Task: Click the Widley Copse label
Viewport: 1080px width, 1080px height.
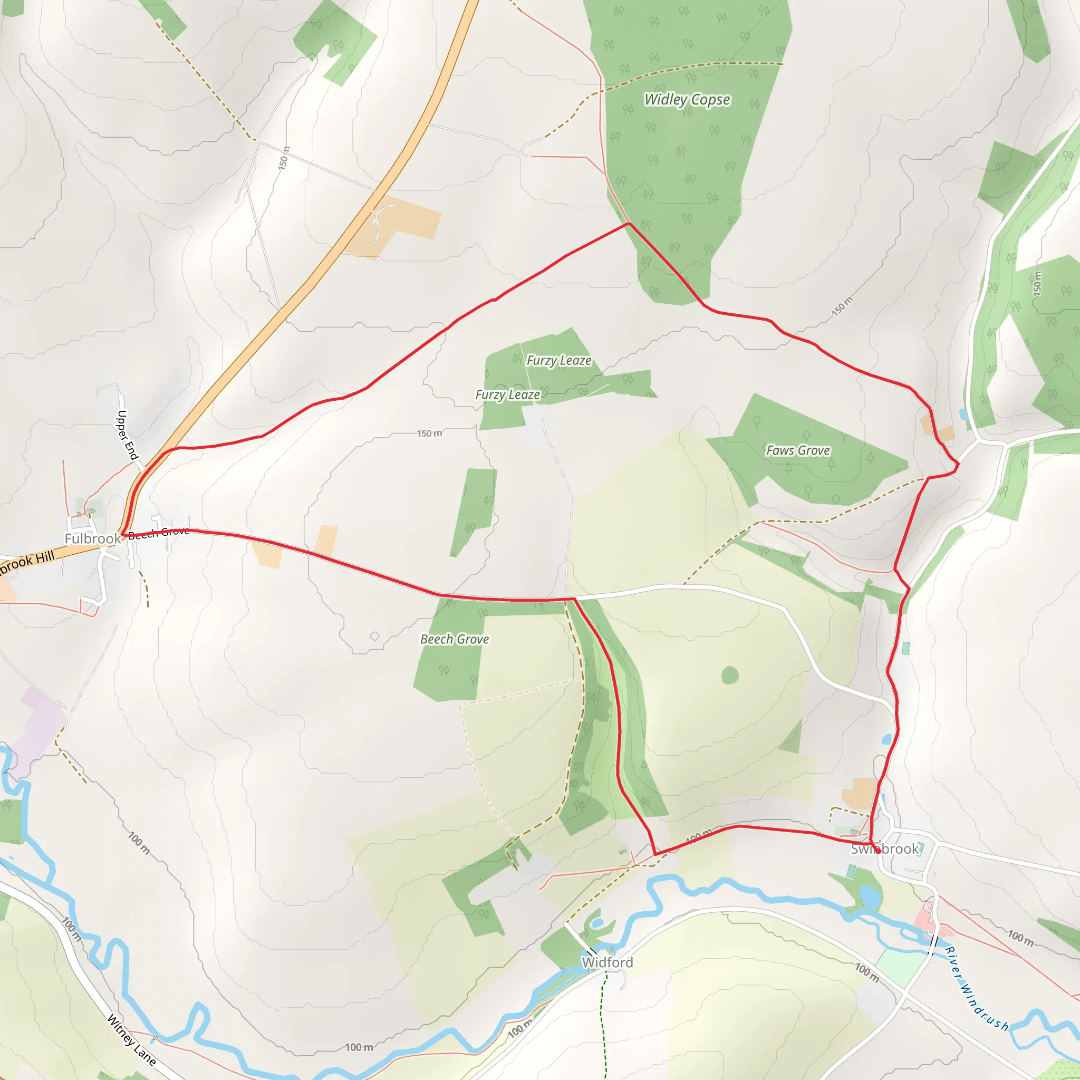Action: [x=687, y=100]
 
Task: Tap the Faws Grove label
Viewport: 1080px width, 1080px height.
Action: [x=798, y=450]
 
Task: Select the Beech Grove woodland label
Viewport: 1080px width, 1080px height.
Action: [x=455, y=639]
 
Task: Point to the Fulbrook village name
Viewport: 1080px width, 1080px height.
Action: [x=92, y=539]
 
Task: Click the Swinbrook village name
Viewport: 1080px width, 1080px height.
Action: [x=884, y=849]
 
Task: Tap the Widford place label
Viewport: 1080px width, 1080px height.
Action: [x=607, y=962]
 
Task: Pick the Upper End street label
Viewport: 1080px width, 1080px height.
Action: [x=127, y=435]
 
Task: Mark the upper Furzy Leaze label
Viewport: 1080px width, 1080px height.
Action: [x=559, y=361]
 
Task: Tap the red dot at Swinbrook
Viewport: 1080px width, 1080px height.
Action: [x=878, y=851]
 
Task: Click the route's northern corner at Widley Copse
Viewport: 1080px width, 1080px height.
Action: [x=630, y=224]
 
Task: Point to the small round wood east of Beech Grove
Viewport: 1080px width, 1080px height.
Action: [x=730, y=676]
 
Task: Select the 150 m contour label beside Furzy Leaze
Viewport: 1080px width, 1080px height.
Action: [x=429, y=433]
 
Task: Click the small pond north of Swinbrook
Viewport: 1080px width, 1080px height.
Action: [x=886, y=739]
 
